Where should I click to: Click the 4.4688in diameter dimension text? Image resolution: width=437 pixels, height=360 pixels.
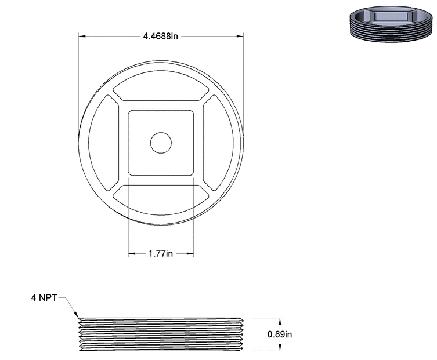160,36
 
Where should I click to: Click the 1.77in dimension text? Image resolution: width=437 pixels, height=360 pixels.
161,253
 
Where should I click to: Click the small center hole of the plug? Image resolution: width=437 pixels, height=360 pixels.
161,143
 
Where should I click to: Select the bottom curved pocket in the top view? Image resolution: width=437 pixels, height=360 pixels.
160,201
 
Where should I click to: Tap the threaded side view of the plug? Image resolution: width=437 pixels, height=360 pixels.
161,334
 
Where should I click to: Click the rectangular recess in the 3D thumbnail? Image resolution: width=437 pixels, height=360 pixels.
389,14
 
